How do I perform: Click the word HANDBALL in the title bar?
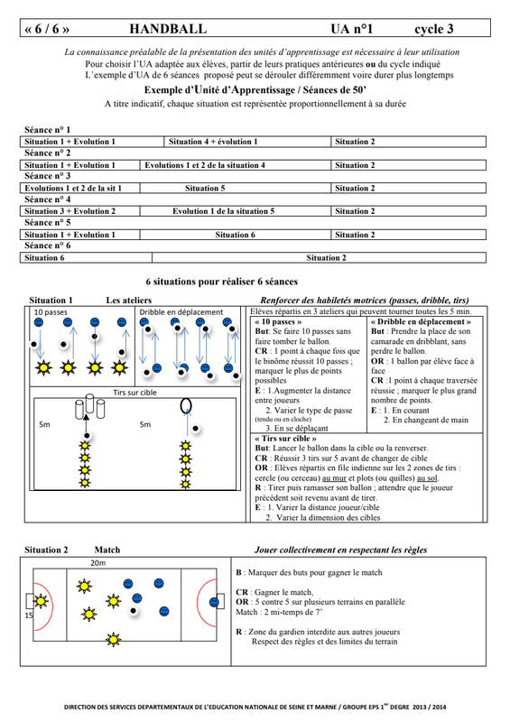point(168,29)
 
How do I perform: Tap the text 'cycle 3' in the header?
point(434,29)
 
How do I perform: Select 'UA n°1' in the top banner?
point(351,29)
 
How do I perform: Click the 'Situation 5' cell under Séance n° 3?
point(205,189)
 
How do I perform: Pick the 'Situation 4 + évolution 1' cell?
point(213,142)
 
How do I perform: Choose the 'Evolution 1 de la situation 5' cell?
point(224,211)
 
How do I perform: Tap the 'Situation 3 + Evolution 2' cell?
point(70,211)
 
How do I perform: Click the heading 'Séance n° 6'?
point(48,245)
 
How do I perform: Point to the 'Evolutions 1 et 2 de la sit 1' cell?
point(73,189)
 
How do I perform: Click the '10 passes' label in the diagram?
point(51,312)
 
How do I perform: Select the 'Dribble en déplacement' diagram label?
point(181,312)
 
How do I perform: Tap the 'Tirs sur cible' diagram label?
point(135,393)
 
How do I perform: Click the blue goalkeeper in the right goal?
point(214,602)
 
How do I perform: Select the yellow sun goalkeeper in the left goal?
point(41,601)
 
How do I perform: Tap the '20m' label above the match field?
point(97,562)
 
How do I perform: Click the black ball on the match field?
point(134,611)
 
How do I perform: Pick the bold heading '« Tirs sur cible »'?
point(285,439)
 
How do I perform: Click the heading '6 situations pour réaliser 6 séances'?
point(221,282)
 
